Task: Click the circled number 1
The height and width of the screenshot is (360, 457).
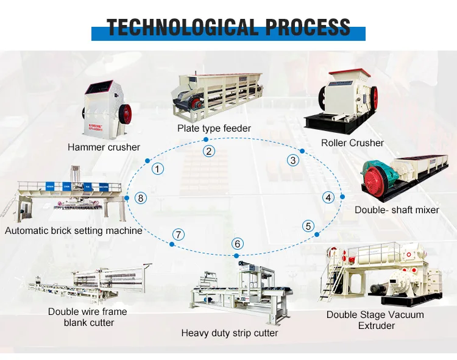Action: pyautogui.click(x=158, y=169)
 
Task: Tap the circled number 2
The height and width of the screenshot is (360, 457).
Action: pyautogui.click(x=209, y=152)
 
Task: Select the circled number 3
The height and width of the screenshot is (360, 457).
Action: pyautogui.click(x=294, y=160)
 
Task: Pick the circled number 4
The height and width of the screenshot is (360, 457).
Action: pyautogui.click(x=328, y=197)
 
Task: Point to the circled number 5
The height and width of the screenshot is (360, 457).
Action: pyautogui.click(x=309, y=226)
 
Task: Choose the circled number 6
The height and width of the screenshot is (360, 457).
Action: pyautogui.click(x=238, y=244)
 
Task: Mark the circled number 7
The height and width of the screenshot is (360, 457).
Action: pyautogui.click(x=177, y=234)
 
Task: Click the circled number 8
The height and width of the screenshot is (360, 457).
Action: pyautogui.click(x=141, y=197)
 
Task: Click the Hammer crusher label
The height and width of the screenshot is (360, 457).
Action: pyautogui.click(x=104, y=147)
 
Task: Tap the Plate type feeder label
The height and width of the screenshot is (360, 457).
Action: pyautogui.click(x=214, y=128)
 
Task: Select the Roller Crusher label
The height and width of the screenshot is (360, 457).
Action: pyautogui.click(x=352, y=143)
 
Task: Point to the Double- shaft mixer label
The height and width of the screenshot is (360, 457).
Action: pyautogui.click(x=397, y=210)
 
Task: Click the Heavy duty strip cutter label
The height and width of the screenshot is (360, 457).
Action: pyautogui.click(x=229, y=333)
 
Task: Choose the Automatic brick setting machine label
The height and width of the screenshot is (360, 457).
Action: pyautogui.click(x=74, y=231)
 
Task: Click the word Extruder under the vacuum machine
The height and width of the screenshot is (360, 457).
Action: pyautogui.click(x=376, y=325)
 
